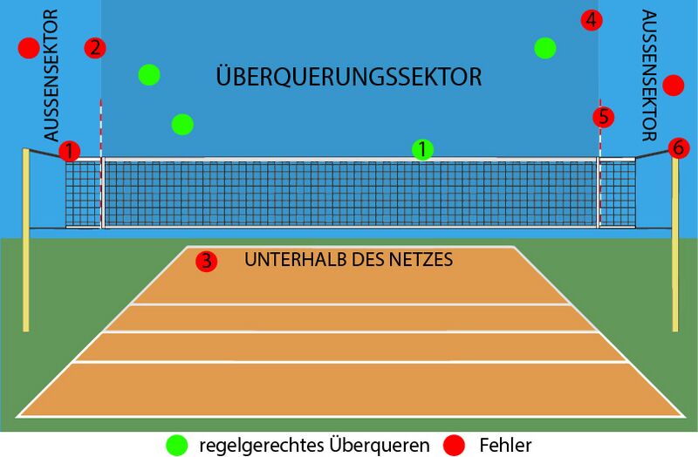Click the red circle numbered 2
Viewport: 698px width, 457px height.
click(x=95, y=48)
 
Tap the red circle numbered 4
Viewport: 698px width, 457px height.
click(x=592, y=20)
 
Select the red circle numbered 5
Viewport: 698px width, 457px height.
click(x=603, y=117)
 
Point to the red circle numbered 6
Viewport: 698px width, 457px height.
click(x=679, y=147)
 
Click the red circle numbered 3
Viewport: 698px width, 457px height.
click(x=207, y=261)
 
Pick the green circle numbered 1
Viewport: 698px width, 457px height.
click(x=423, y=150)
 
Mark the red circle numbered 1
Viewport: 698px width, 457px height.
click(x=70, y=151)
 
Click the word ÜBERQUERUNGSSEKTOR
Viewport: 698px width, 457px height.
click(x=348, y=76)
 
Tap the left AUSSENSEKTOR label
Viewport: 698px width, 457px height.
click(x=51, y=75)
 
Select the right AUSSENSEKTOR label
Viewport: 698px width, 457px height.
click(x=649, y=75)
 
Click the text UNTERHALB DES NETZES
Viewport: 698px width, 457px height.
click(x=348, y=259)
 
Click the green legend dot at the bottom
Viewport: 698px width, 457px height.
click(x=177, y=445)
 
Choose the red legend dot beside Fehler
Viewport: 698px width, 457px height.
click(x=454, y=445)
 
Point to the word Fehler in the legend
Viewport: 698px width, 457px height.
click(x=505, y=445)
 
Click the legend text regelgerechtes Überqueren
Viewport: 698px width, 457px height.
click(x=314, y=446)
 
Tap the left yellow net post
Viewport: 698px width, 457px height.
click(x=26, y=240)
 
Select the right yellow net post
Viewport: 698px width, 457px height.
click(x=674, y=244)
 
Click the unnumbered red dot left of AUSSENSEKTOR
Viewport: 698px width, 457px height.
click(x=29, y=48)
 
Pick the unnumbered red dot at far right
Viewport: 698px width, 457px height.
click(x=673, y=85)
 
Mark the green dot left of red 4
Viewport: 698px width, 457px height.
click(x=545, y=48)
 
